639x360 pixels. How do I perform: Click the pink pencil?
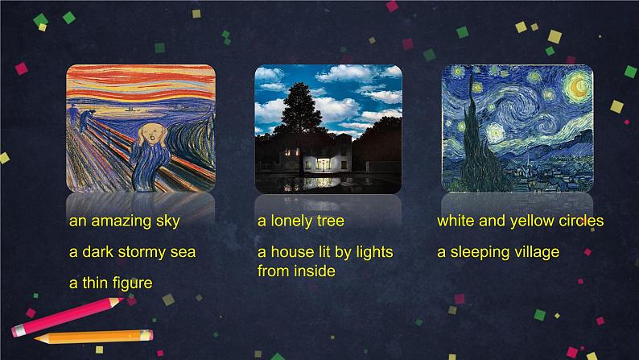coord(68,317)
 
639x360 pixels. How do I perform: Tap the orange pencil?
coord(93,337)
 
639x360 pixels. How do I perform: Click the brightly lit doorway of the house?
coord(322,163)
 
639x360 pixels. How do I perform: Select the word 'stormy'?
coord(142,252)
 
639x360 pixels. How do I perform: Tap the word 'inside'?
coord(315,271)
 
